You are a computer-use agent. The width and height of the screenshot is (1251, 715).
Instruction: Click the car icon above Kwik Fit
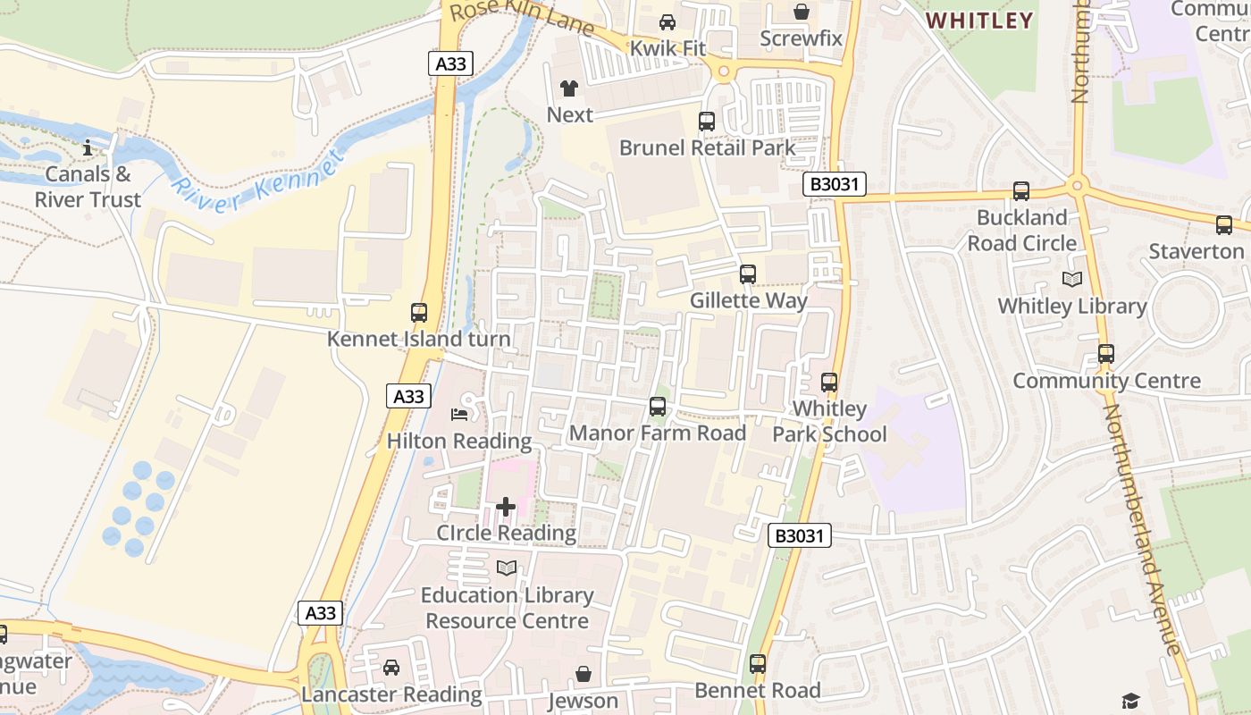coord(667,22)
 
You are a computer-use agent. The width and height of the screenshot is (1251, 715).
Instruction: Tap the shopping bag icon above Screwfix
coord(802,12)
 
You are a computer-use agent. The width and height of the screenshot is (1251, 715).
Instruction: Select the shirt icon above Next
coord(569,88)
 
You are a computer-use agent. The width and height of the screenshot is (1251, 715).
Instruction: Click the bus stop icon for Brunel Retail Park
coord(707,121)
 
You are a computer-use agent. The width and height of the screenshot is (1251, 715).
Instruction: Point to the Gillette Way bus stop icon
coord(748,274)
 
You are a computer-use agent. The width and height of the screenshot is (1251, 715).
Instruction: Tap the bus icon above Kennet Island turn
coord(419,312)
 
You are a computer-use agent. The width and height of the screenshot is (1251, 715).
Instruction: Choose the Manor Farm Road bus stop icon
coord(658,407)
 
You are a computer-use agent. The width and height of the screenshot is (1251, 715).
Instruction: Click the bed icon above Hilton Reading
coord(459,414)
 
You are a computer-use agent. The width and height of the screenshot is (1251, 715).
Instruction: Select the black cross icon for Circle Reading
coord(506,508)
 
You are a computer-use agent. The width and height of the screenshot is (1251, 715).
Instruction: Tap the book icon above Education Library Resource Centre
coord(507,568)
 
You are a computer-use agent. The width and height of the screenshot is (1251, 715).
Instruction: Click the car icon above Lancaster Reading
coord(391,667)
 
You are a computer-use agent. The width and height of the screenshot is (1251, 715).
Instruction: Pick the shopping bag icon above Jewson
coord(584,673)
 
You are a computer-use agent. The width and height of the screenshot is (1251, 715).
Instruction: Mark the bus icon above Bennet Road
coord(758,663)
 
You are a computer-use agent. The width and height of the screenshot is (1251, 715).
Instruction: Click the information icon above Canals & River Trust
coord(88,147)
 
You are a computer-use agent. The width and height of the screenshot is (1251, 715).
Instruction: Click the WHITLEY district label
coord(979,20)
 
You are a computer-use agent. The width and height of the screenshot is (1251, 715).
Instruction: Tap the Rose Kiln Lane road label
coord(522,18)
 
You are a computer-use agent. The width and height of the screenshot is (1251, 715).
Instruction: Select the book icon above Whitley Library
coord(1072,279)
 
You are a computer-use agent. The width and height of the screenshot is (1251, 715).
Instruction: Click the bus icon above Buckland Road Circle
coord(1021,190)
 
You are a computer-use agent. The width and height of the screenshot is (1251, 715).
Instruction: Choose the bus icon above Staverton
coord(1224,225)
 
